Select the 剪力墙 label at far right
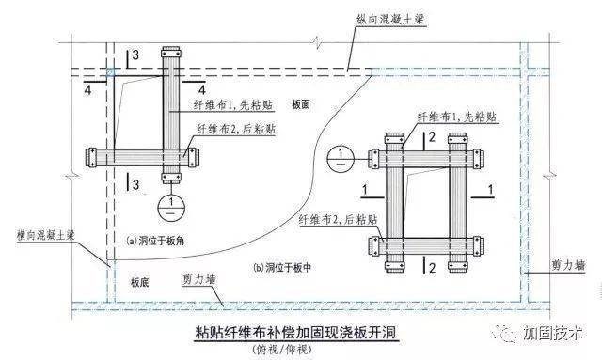(564, 266)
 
